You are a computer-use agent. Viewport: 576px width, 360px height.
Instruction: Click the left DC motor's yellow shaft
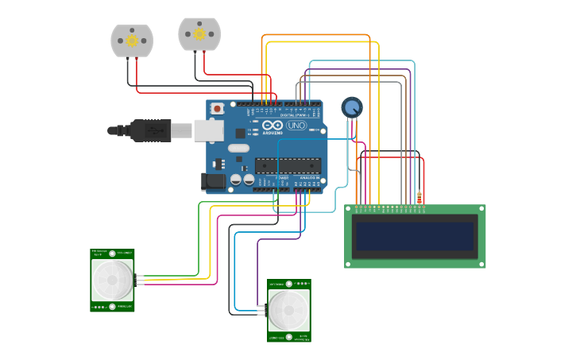pos(132,39)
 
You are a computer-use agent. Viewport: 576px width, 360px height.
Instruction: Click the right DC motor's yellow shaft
pos(199,34)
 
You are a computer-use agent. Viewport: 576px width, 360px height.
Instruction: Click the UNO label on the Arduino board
pos(296,126)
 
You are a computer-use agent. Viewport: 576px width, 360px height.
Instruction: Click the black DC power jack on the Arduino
pos(213,182)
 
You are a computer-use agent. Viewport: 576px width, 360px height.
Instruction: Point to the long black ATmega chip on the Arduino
pos(288,165)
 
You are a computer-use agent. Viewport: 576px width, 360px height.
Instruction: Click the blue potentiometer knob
pos(352,106)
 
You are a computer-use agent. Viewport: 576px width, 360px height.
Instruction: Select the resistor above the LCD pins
pos(419,197)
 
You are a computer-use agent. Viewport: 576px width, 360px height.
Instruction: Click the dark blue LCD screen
pos(415,236)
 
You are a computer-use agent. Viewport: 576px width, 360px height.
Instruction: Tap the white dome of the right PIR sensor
pos(288,310)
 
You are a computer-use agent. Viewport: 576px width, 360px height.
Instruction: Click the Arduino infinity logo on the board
pos(273,126)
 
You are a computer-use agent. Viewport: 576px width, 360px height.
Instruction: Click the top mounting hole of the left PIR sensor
pos(112,254)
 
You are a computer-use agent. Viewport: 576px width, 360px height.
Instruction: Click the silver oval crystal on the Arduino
pos(238,148)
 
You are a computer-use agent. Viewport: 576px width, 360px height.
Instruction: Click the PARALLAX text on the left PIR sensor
pos(125,306)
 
